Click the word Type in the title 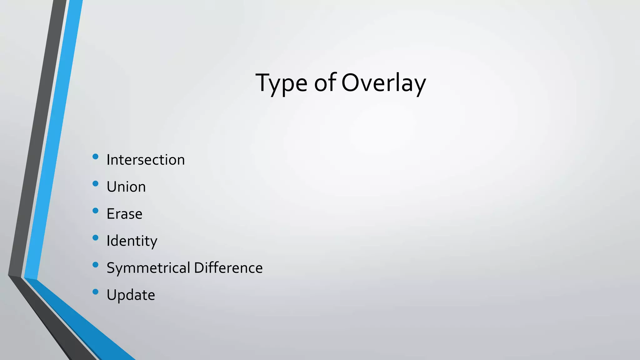click(x=281, y=83)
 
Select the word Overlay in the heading click(x=383, y=83)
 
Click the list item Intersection click(x=146, y=160)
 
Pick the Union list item click(x=126, y=187)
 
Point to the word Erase click(x=124, y=214)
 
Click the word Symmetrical click(x=148, y=268)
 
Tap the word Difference click(x=228, y=268)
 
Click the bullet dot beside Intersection click(x=96, y=157)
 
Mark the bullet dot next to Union click(x=96, y=184)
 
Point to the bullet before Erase click(x=96, y=211)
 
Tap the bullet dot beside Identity click(x=96, y=238)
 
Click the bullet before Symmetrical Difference click(x=96, y=265)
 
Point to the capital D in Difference click(x=199, y=268)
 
